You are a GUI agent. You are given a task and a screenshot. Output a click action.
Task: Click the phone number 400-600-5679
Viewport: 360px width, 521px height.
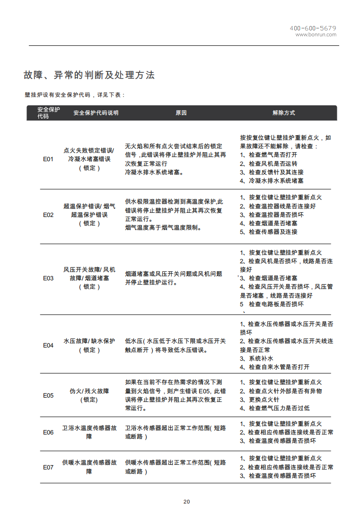point(313,28)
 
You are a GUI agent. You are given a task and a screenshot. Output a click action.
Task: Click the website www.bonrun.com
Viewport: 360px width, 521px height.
point(316,35)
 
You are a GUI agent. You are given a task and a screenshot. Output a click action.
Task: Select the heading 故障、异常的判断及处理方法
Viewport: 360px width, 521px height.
point(89,75)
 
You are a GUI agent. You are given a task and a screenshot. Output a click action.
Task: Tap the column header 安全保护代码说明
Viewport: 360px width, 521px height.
point(96,113)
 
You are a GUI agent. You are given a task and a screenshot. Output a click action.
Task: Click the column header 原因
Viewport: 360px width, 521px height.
point(181,113)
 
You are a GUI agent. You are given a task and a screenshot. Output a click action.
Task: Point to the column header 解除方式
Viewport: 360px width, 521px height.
point(283,113)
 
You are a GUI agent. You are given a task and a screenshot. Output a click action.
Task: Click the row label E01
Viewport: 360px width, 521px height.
point(48,159)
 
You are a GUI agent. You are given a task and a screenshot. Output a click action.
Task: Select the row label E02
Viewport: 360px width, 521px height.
point(48,215)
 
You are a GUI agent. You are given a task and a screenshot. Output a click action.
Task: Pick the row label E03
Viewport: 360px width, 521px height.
point(48,278)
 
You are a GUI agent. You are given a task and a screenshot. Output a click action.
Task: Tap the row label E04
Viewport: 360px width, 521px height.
point(48,346)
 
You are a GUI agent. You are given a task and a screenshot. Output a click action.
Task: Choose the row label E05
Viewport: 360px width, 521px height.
point(48,395)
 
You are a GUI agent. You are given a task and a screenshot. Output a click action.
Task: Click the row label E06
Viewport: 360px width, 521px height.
point(48,432)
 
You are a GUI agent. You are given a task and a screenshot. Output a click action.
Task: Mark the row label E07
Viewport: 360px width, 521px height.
point(48,467)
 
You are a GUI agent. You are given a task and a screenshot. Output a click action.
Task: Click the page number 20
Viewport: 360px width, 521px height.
point(186,502)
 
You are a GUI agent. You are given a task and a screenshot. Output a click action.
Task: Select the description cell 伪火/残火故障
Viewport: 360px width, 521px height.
point(89,391)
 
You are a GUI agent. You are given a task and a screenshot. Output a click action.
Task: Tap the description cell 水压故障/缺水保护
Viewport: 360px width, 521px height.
point(89,341)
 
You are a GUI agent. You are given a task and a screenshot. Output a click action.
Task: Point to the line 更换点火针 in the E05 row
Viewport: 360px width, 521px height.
point(263,399)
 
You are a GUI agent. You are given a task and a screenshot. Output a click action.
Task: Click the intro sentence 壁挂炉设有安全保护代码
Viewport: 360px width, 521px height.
point(74,95)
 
